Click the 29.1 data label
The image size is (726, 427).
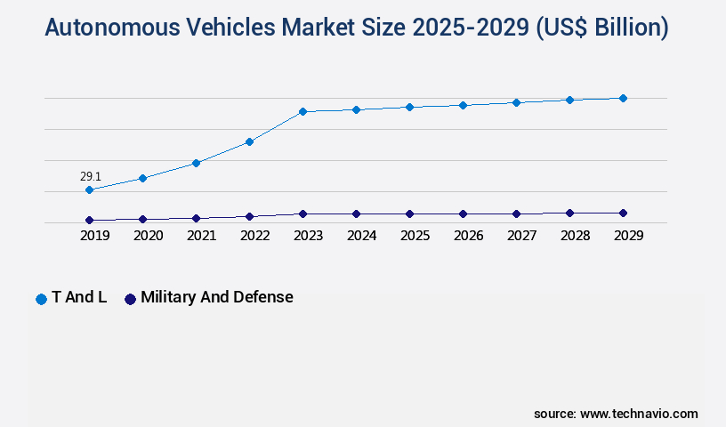pos(90,177)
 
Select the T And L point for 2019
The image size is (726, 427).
pos(89,190)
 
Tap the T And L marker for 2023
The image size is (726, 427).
pos(302,112)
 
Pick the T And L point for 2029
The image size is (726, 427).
pos(623,98)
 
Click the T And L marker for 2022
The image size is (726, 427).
pos(249,141)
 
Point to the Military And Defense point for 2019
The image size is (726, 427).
pos(89,220)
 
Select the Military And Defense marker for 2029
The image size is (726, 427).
pos(623,213)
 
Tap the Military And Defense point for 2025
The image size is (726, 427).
pos(409,214)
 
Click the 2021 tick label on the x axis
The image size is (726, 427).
pos(201,236)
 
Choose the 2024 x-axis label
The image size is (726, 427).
pos(361,236)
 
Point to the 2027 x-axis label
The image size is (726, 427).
pos(521,236)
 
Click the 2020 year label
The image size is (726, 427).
pos(148,236)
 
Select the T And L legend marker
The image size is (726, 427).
pos(41,299)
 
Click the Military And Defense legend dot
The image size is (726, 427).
pos(130,299)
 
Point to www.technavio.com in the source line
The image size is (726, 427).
pos(638,414)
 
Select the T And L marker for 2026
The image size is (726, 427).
pos(463,105)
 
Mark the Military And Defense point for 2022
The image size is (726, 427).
pos(249,216)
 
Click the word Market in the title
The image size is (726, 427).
pos(322,28)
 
